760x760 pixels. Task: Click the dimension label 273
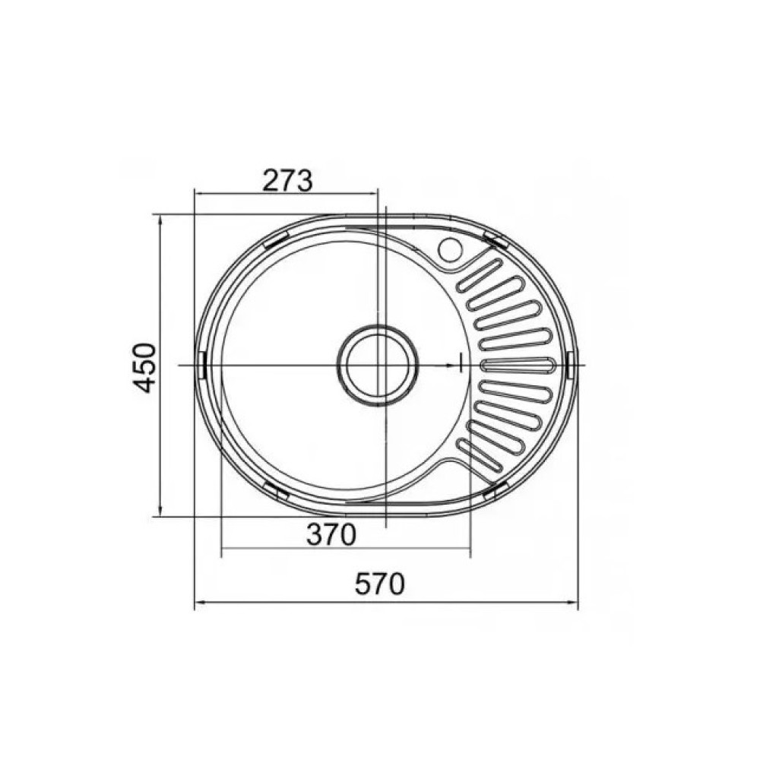click(287, 181)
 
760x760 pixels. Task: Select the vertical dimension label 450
click(145, 367)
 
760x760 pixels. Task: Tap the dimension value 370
click(331, 534)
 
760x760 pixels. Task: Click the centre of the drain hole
click(378, 365)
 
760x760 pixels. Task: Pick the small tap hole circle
click(451, 249)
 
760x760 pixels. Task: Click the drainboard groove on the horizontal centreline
click(518, 365)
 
